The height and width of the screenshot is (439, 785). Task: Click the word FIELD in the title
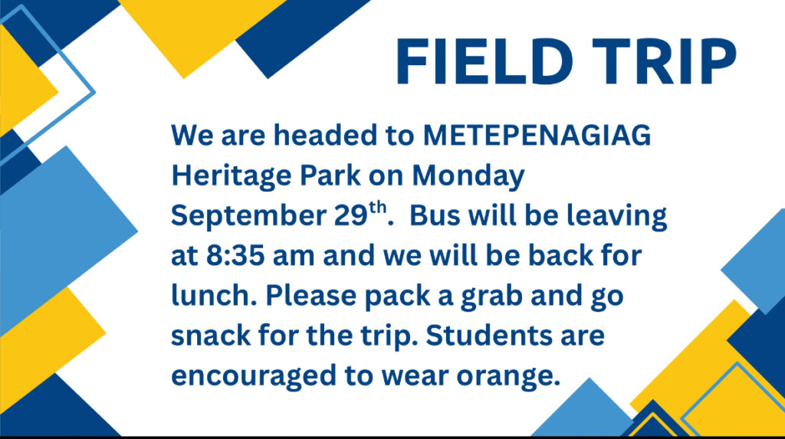pos(484,61)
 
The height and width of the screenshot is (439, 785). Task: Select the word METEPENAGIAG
pos(537,135)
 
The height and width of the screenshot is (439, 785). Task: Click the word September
pos(249,216)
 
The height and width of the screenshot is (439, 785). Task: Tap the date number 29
pos(351,215)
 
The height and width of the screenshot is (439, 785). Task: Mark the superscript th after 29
pos(379,207)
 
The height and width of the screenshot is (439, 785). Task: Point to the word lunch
pos(210,295)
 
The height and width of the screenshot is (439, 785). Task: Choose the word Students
pos(489,335)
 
